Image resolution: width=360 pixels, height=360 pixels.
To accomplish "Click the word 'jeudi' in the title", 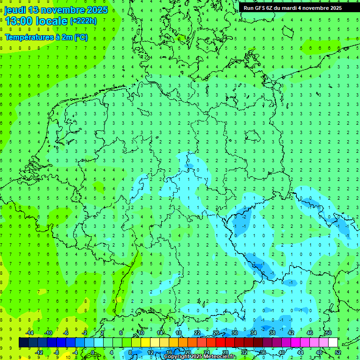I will [15, 10].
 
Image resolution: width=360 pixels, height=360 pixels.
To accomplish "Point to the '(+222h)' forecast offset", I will [83, 21].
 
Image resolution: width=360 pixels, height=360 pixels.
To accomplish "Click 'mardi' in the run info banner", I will [287, 8].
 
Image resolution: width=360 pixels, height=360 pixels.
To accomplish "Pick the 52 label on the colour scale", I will [338, 352].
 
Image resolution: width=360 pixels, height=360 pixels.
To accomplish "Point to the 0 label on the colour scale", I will [93, 352].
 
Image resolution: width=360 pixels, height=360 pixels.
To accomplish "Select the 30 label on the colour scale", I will [235, 333].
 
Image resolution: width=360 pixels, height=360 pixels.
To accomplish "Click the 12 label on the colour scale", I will [150, 352].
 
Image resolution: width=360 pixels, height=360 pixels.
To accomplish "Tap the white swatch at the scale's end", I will [333, 343].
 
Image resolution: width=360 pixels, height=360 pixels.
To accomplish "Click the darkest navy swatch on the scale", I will [23, 343].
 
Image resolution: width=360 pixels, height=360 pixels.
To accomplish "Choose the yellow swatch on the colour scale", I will [146, 343].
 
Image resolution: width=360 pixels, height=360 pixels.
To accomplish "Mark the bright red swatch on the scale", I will [221, 343].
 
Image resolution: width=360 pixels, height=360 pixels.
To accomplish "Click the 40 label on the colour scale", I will [282, 352].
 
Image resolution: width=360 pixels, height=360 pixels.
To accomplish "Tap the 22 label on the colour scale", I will [197, 333].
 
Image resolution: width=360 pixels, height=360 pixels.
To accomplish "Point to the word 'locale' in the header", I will [51, 21].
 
